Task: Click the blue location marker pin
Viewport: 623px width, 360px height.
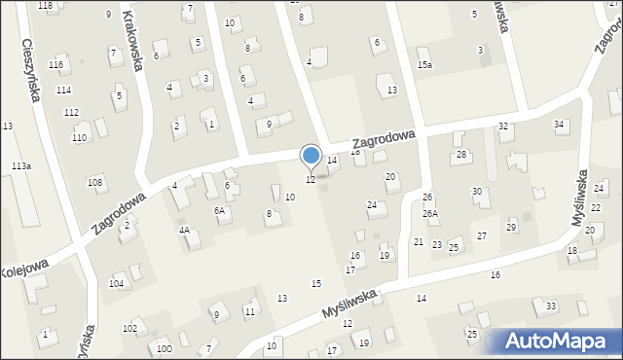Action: pos(311,156)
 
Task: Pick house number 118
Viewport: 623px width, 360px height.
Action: pos(45,6)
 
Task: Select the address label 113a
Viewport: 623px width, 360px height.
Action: pos(21,166)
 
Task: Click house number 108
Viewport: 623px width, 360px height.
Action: pos(94,182)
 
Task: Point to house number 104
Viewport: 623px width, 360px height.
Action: pos(116,283)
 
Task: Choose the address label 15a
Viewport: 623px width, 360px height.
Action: pos(424,64)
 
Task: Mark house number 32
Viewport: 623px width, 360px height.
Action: pos(503,126)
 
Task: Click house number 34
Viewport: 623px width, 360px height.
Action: pos(559,125)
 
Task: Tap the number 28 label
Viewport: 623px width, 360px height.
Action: pos(461,155)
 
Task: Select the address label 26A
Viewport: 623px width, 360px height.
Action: pos(429,213)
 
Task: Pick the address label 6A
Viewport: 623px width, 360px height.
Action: pos(220,210)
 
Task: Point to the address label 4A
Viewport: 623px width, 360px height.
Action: pos(183,230)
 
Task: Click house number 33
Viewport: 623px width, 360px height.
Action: pos(551,306)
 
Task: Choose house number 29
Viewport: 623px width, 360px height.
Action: pos(511,227)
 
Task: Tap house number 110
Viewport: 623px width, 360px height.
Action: pos(78,138)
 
